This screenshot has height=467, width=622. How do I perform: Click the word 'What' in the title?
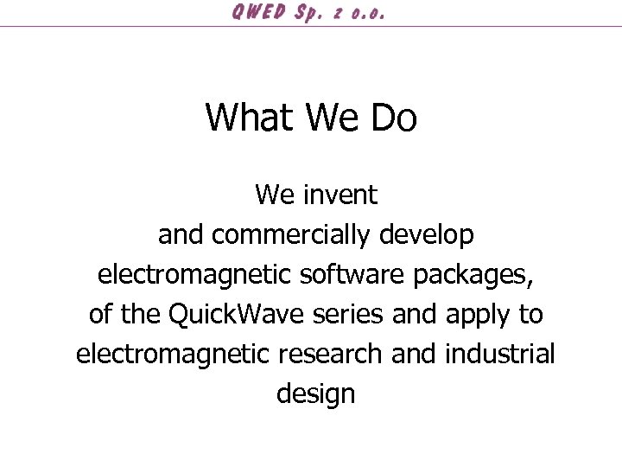[249, 117]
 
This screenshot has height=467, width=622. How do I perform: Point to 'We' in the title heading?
[333, 117]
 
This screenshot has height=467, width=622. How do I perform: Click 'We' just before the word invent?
[276, 195]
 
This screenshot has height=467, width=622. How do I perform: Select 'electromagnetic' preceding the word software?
[195, 274]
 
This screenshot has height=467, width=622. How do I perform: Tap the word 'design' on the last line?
[315, 394]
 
